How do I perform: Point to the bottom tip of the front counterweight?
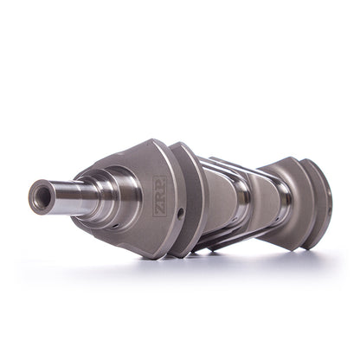tap(153, 256)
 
